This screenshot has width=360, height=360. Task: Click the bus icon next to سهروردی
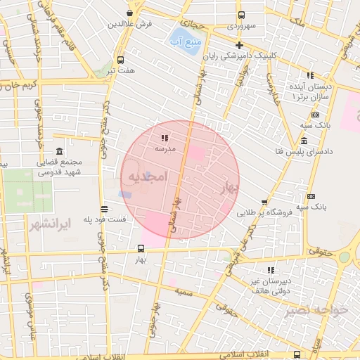point(241,15)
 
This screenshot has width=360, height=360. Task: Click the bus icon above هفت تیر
point(120,60)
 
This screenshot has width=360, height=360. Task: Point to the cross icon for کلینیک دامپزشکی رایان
point(239,45)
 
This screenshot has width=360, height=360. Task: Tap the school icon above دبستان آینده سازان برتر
point(309,75)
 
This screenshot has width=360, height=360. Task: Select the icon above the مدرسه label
point(164,138)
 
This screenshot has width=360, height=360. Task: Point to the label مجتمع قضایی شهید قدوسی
point(59,167)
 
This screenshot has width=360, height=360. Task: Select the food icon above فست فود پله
point(104,209)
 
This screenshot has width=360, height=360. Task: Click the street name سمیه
point(186,291)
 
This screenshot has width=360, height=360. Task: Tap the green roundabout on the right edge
point(344,257)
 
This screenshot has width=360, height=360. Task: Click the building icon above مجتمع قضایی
point(58,153)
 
